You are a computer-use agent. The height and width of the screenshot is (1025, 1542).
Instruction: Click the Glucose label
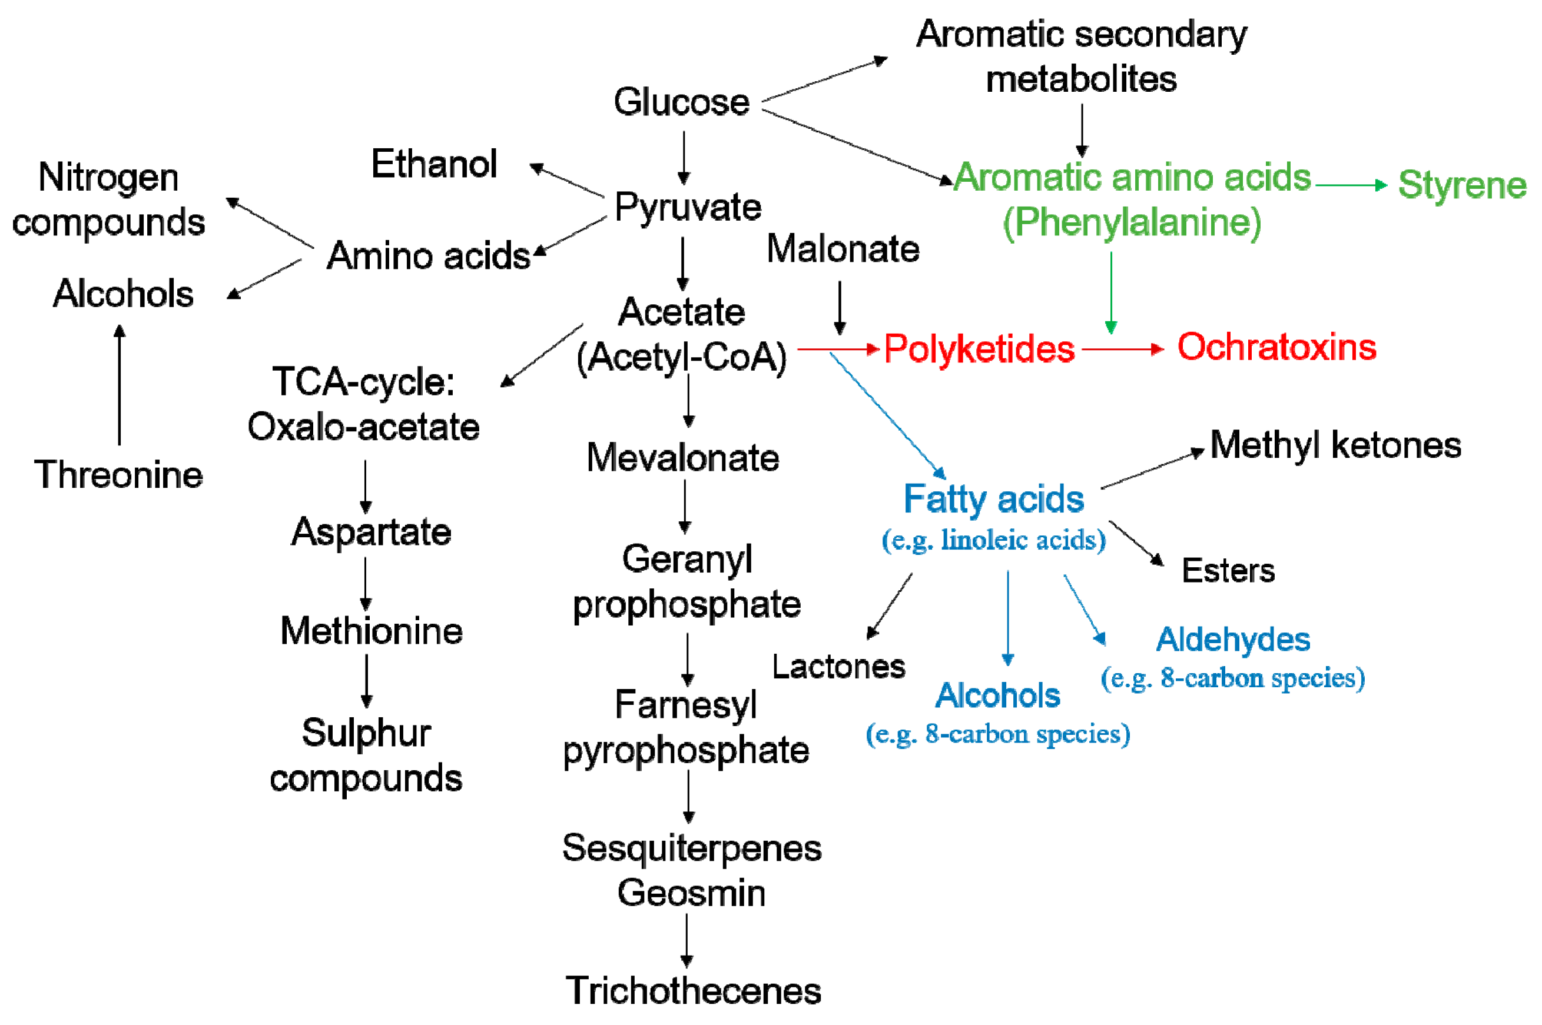[x=681, y=102]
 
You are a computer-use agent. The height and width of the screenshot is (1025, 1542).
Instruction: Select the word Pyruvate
[x=687, y=208]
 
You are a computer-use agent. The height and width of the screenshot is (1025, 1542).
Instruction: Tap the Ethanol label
[x=433, y=164]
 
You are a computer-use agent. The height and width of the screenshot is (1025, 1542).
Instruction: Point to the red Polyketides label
[x=979, y=348]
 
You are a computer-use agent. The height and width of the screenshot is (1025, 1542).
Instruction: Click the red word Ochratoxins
[x=1276, y=347]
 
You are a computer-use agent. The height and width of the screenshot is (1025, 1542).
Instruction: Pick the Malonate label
[x=843, y=249]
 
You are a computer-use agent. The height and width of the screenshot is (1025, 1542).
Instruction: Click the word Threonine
[x=118, y=475]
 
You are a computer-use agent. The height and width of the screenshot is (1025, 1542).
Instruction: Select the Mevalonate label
[x=682, y=458]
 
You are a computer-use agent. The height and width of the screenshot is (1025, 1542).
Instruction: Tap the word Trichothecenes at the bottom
[x=692, y=991]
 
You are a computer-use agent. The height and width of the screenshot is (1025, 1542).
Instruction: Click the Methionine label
[x=371, y=631]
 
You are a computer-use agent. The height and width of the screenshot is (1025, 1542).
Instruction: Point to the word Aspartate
[x=371, y=532]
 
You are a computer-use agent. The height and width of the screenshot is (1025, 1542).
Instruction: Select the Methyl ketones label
[x=1335, y=446]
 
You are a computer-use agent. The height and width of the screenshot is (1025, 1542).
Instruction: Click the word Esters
[x=1228, y=571]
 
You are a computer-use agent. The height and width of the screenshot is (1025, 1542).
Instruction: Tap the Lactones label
[x=838, y=667]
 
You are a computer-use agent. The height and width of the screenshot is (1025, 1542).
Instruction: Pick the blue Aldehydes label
[x=1232, y=640]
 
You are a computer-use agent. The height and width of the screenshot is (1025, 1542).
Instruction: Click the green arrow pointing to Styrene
[x=1351, y=185]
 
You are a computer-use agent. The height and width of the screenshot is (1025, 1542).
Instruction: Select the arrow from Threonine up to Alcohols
[x=119, y=385]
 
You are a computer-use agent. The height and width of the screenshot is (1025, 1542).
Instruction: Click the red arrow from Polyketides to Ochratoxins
[x=1122, y=349]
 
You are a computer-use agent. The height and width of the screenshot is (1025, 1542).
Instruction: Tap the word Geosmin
[x=691, y=893]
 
